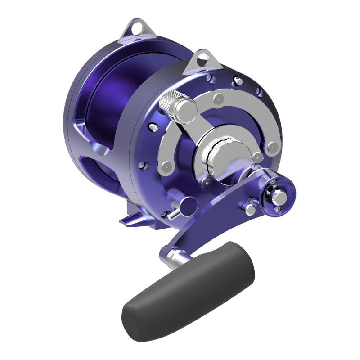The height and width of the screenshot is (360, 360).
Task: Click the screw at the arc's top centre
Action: point(220,98)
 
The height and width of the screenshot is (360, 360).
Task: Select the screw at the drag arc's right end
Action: point(271,147)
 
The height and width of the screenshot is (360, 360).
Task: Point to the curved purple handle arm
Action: point(211,216)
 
